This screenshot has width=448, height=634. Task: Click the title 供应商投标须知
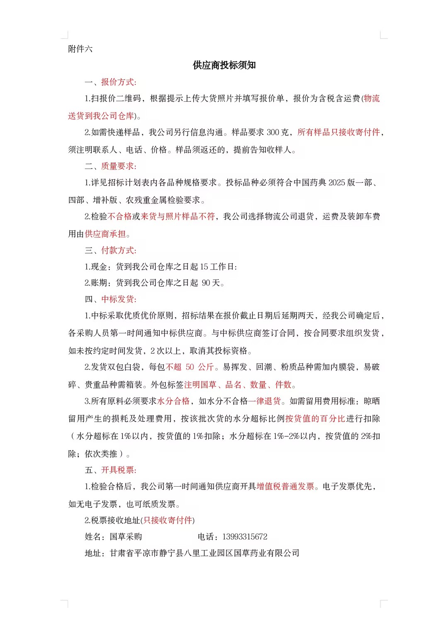click(x=224, y=65)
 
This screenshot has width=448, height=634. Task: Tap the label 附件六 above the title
click(x=80, y=49)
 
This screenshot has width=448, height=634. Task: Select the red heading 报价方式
click(x=118, y=82)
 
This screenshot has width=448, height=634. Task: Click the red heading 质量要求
click(x=118, y=166)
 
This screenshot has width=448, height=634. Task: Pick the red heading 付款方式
click(x=118, y=250)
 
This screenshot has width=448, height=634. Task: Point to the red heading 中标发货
click(x=118, y=299)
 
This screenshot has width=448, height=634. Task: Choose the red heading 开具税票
click(x=118, y=470)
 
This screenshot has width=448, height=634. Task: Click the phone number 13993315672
click(x=245, y=537)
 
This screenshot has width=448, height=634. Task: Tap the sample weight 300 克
click(x=278, y=132)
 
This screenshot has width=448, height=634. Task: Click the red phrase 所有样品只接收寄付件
click(x=338, y=132)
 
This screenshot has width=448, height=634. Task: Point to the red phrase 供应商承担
click(x=105, y=234)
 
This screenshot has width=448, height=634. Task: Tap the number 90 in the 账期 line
click(x=206, y=283)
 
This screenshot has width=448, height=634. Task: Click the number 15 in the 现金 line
click(x=204, y=267)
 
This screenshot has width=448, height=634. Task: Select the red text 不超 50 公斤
click(x=190, y=367)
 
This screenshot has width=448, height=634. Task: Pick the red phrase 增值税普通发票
click(x=285, y=487)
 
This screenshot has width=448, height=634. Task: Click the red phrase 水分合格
click(x=173, y=401)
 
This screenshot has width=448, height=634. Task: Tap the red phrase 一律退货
click(x=265, y=401)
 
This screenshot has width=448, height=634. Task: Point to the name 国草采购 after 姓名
click(x=126, y=537)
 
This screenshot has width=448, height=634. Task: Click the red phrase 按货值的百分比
click(x=315, y=419)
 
